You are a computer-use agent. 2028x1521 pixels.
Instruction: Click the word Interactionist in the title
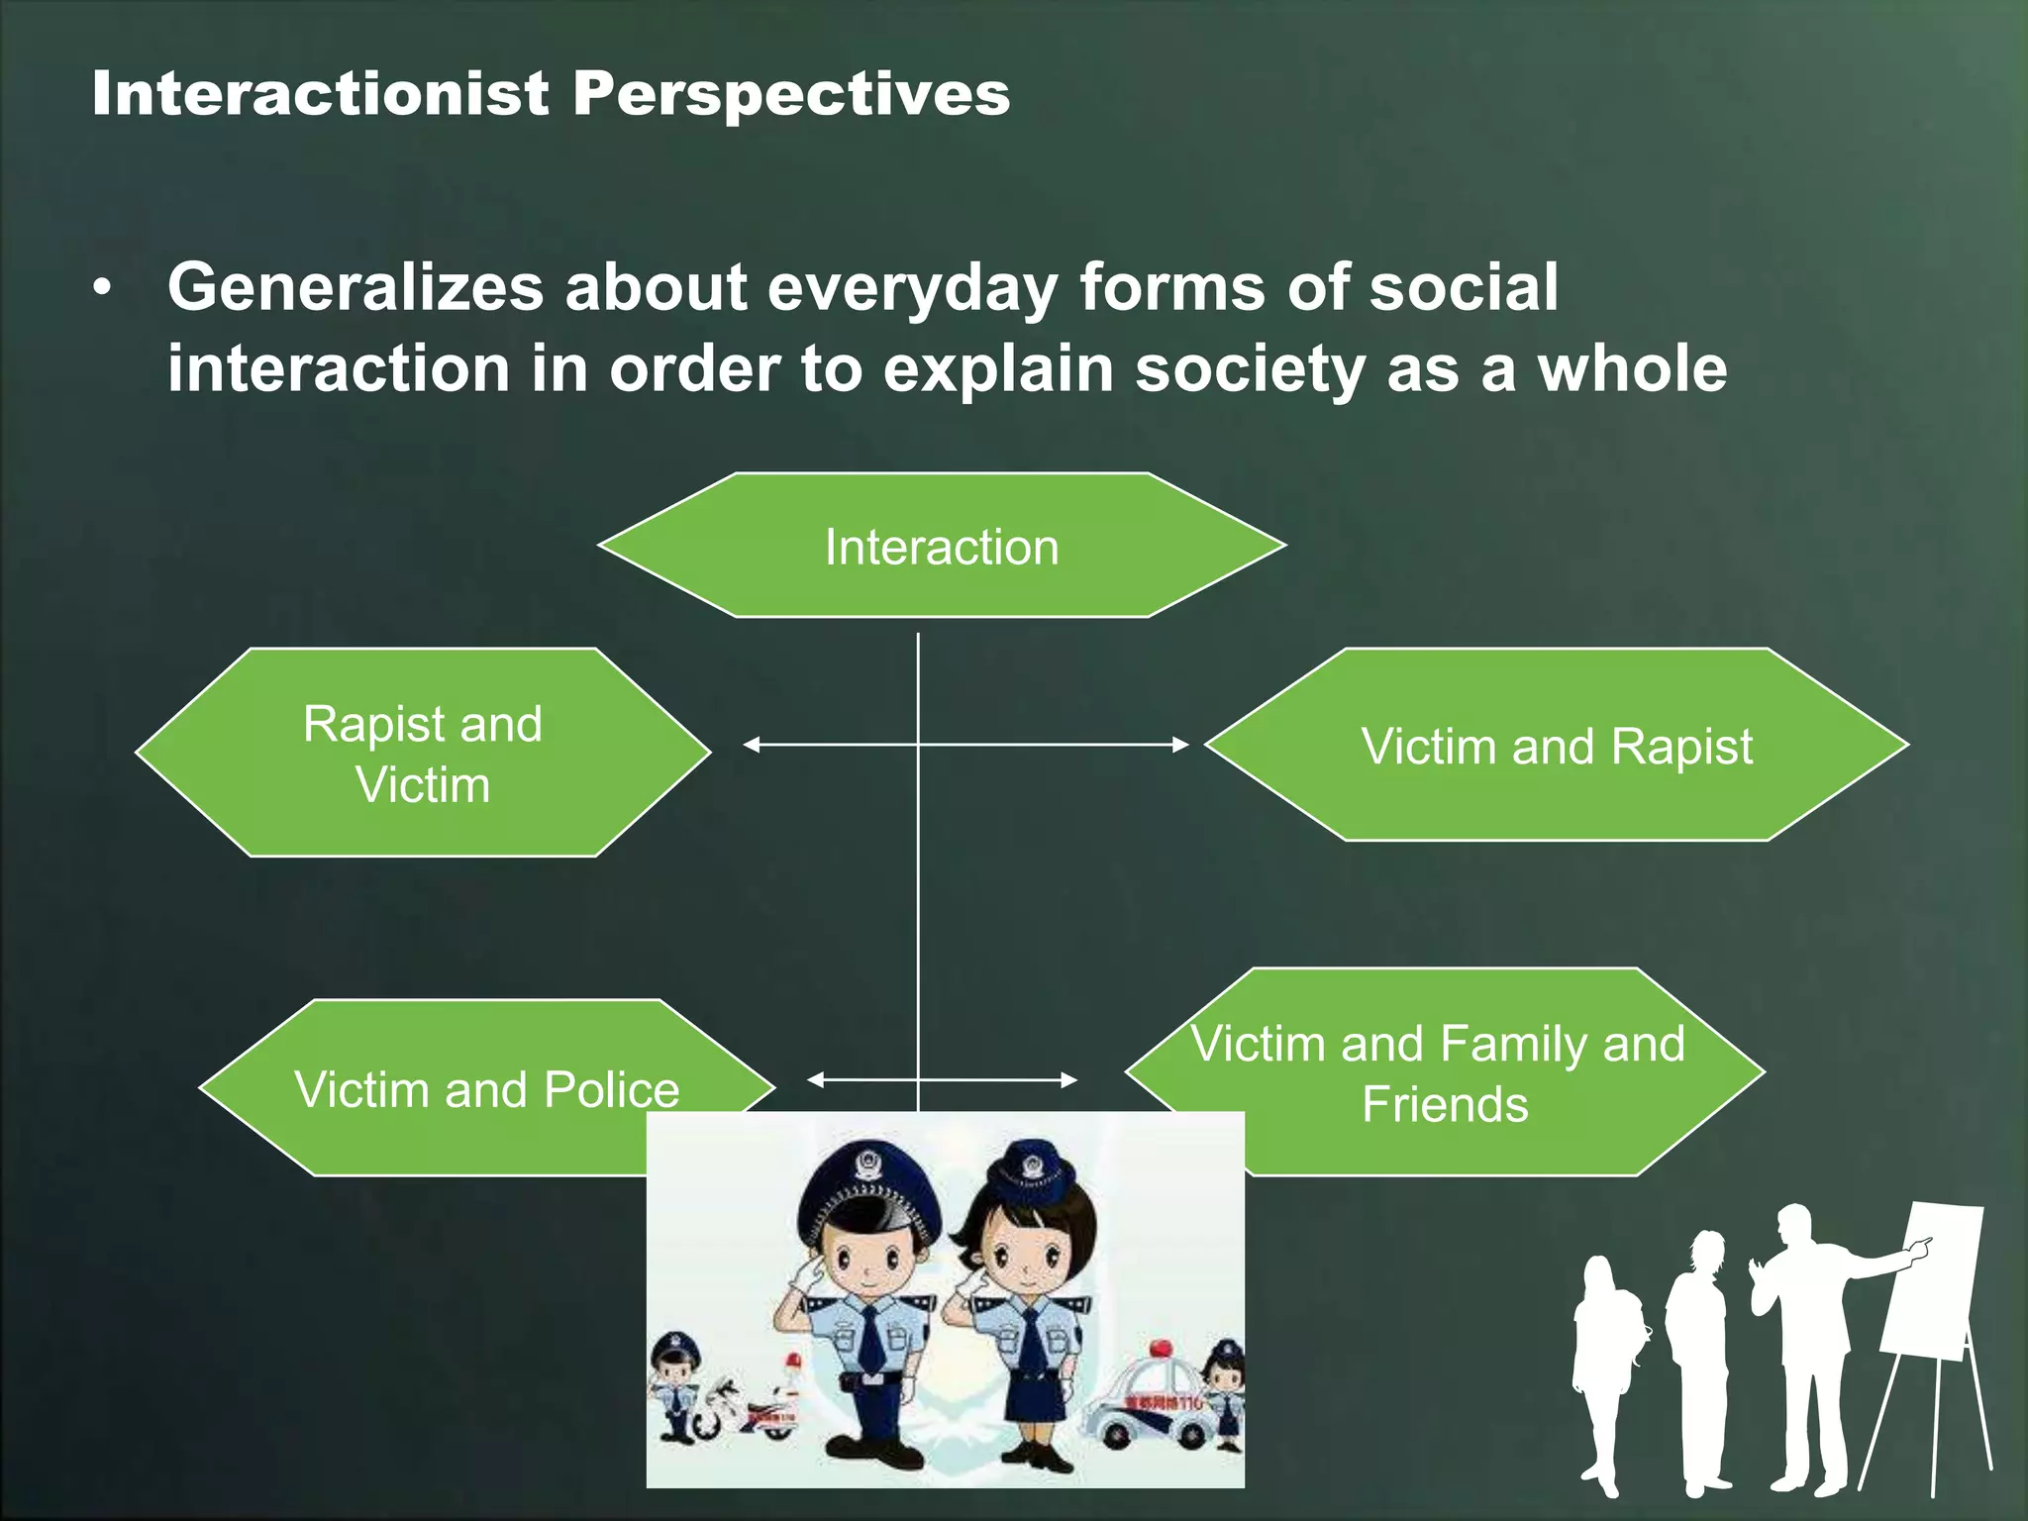[x=320, y=95]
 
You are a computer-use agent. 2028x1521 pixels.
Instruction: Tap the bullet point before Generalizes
[x=101, y=289]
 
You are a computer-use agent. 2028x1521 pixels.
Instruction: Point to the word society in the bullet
[x=1251, y=370]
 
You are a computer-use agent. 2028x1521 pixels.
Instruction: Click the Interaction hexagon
[x=941, y=546]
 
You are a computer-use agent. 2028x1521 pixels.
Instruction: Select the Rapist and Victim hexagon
[x=423, y=753]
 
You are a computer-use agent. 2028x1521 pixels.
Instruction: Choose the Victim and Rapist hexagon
[x=1556, y=745]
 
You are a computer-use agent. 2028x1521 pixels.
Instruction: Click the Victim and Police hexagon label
[x=485, y=1088]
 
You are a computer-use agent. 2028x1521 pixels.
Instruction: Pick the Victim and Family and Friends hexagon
[x=1443, y=1072]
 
